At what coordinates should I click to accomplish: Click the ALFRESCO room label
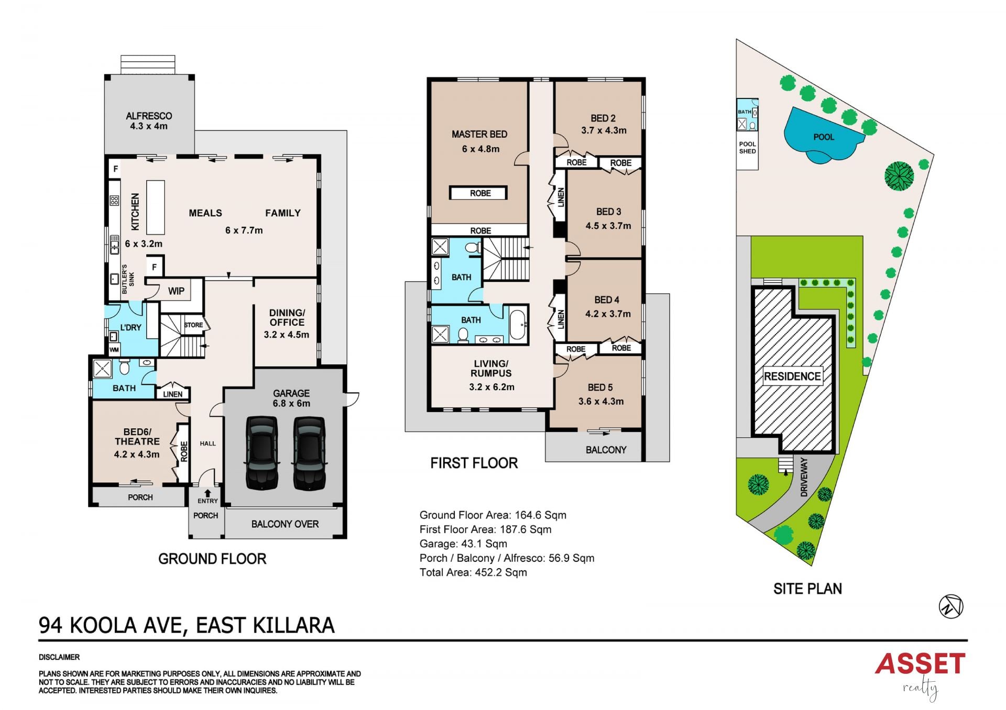pyautogui.click(x=149, y=116)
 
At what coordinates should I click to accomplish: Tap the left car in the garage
pyautogui.click(x=262, y=453)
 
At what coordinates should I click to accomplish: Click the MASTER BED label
pyautogui.click(x=479, y=134)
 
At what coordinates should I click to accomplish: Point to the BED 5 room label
pyautogui.click(x=600, y=387)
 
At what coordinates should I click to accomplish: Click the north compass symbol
pyautogui.click(x=951, y=606)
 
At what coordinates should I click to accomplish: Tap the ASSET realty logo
pyautogui.click(x=920, y=675)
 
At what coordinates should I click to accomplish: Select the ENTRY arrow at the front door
pyautogui.click(x=207, y=493)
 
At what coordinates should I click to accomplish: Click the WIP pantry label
pyautogui.click(x=176, y=291)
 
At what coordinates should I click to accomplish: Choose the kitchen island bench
pyautogui.click(x=155, y=207)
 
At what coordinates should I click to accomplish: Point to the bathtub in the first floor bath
pyautogui.click(x=518, y=325)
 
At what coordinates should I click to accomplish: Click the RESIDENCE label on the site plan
pyautogui.click(x=792, y=376)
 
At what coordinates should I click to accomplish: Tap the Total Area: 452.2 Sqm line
pyautogui.click(x=473, y=572)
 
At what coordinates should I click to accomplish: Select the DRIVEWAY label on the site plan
pyautogui.click(x=804, y=476)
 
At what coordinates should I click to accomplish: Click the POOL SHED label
pyautogui.click(x=747, y=148)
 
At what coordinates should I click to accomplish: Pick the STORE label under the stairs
pyautogui.click(x=193, y=325)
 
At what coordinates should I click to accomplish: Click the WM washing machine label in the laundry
pyautogui.click(x=114, y=350)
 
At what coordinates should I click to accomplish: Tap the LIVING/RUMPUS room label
pyautogui.click(x=491, y=368)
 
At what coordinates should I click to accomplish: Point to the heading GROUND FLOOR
pyautogui.click(x=212, y=559)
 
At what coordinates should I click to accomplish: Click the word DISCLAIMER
pyautogui.click(x=59, y=657)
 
